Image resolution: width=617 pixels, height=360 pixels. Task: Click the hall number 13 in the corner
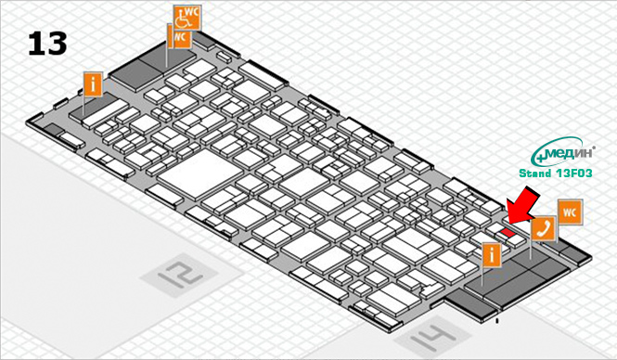(x=45, y=43)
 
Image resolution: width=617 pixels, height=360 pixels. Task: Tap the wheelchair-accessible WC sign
(x=185, y=17)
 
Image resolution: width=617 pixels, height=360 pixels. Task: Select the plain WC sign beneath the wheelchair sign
(x=179, y=36)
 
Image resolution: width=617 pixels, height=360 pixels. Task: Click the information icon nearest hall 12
(x=92, y=83)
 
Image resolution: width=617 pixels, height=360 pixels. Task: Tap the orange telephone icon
(x=542, y=227)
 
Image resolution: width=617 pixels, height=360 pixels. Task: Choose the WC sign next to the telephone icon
(x=570, y=212)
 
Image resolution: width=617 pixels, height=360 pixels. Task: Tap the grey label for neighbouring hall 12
(x=176, y=273)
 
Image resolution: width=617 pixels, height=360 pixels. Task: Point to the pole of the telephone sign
(x=531, y=248)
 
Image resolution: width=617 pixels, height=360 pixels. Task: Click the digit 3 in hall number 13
(x=56, y=43)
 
